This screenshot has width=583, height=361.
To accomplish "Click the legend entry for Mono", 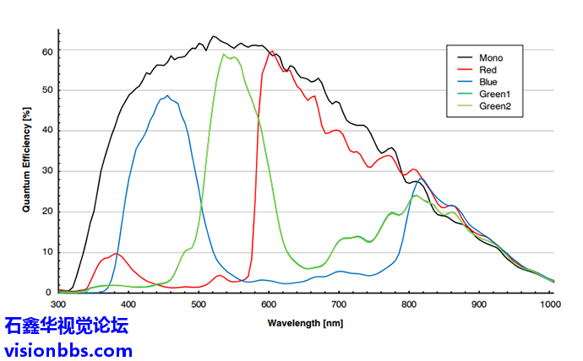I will (x=490, y=57).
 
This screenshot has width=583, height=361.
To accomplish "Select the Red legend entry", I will (x=488, y=70).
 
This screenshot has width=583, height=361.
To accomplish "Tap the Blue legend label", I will (x=488, y=82).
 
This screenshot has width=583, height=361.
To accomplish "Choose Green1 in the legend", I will (x=493, y=94).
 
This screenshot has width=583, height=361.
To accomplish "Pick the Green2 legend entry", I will (x=493, y=106).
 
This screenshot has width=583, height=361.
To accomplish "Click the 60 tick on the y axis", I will (x=47, y=51).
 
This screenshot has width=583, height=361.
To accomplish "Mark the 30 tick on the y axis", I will (x=47, y=171).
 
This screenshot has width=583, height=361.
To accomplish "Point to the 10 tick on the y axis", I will (x=47, y=252).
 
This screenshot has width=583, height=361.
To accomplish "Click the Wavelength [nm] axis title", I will (x=306, y=322).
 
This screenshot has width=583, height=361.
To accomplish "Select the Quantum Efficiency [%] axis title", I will (x=27, y=160).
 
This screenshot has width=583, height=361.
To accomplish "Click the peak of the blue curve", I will (x=167, y=96).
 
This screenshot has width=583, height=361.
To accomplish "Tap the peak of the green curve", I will (x=225, y=55).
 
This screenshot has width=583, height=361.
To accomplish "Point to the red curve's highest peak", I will (x=270, y=51).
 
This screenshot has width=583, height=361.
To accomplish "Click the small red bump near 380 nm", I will (x=116, y=254).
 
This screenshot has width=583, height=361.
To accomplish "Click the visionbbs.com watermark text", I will (x=68, y=349).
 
